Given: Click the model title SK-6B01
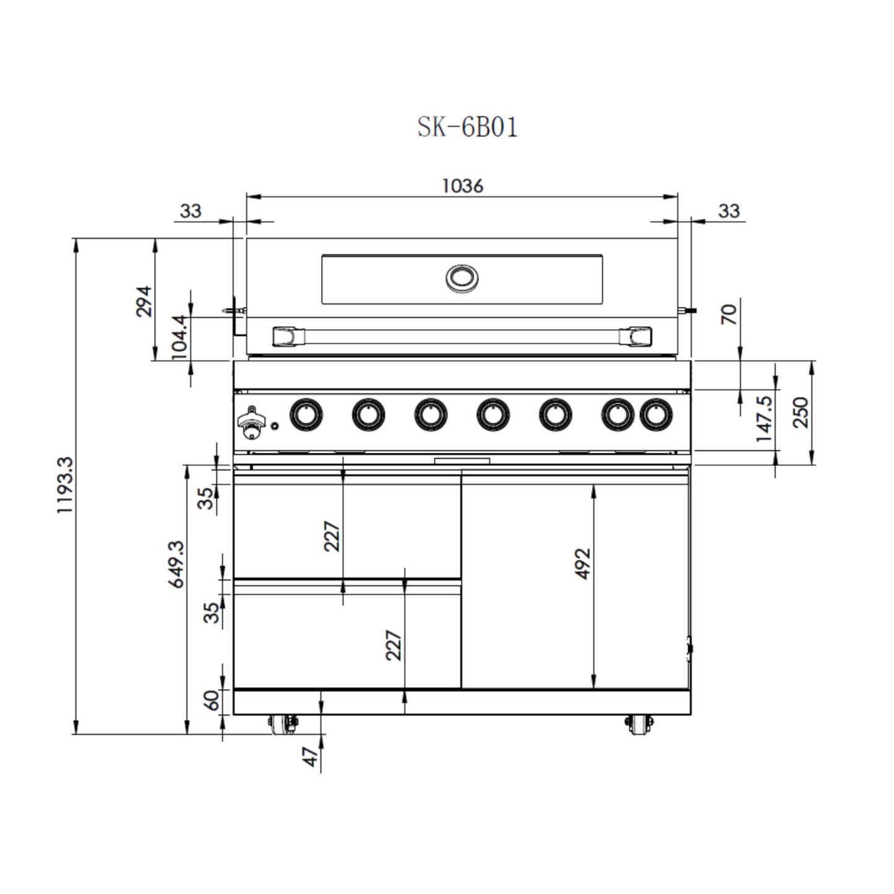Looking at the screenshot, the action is [x=467, y=127].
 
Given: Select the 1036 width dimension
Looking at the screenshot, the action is [x=463, y=186].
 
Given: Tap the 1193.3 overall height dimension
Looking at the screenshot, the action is [x=65, y=485].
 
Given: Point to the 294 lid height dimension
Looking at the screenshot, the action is [x=144, y=301].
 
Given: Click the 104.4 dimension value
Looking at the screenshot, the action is [x=180, y=337].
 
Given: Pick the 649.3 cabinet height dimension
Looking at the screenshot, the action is [x=176, y=565].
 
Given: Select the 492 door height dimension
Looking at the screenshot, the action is [x=583, y=564].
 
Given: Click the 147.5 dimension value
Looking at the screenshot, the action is [x=764, y=419].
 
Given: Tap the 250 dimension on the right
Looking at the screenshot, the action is [x=801, y=413].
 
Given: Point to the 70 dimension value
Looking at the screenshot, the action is [x=729, y=314].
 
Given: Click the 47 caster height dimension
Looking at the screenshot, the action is [x=311, y=757].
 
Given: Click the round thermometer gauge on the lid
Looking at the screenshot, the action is [x=462, y=278].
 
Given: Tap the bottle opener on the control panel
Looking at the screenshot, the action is [x=251, y=423].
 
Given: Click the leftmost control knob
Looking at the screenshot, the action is [x=306, y=415].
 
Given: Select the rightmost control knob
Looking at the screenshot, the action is [x=656, y=415].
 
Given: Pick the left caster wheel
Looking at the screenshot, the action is [x=283, y=724].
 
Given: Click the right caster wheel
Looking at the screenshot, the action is [x=639, y=724].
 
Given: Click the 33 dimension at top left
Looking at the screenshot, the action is [x=191, y=212].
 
